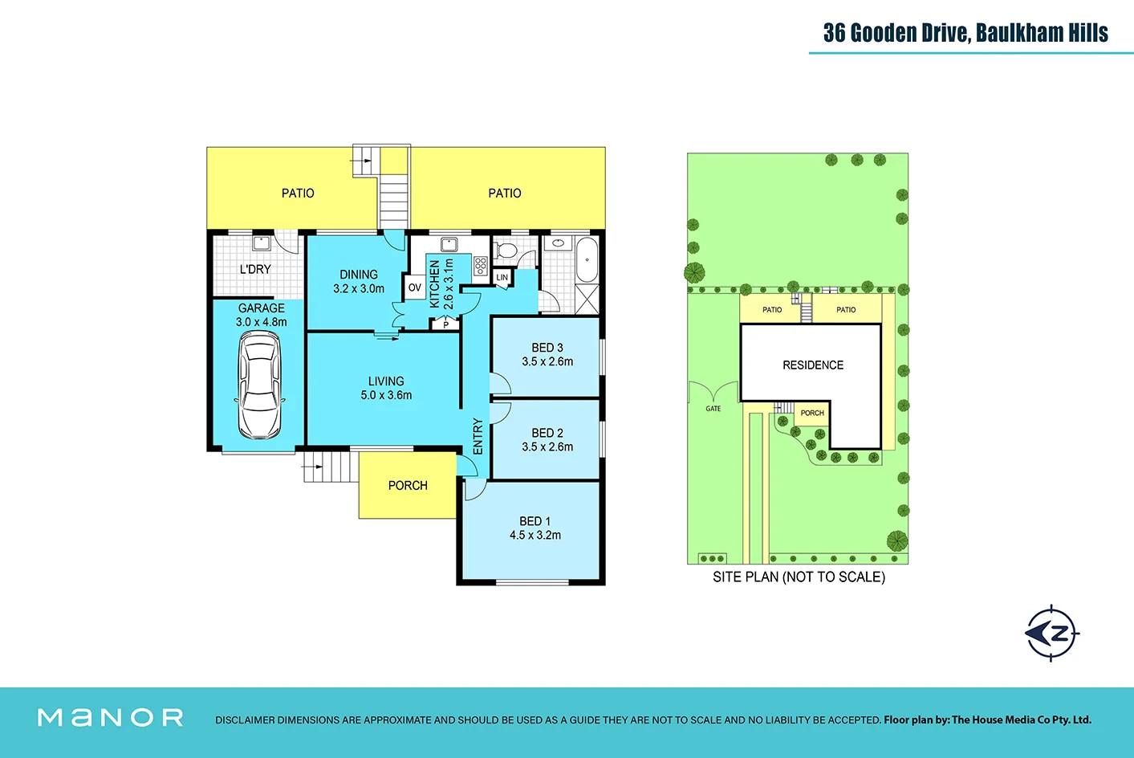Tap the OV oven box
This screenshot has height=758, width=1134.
[x=414, y=287]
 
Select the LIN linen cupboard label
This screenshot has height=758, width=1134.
[x=502, y=278]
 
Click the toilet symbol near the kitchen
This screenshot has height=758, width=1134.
[x=506, y=251]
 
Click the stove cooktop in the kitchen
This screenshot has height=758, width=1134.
[x=481, y=266]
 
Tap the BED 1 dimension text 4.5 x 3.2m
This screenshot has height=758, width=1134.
[x=535, y=536]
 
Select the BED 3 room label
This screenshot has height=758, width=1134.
[x=547, y=348]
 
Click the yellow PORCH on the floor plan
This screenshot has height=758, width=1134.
[x=408, y=486]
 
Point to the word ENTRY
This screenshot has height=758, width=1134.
[x=478, y=436]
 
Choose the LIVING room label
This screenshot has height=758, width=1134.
[x=386, y=381]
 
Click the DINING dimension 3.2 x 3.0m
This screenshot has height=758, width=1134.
[x=359, y=289]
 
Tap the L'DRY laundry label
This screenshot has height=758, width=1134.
[x=255, y=270]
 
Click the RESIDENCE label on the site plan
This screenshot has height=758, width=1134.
[x=813, y=365]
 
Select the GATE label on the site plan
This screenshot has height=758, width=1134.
[x=713, y=409]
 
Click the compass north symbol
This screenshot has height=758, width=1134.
[x=1052, y=633]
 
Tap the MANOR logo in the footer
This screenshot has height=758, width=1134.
[x=111, y=718]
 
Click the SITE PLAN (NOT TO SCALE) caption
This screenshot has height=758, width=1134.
[x=799, y=577]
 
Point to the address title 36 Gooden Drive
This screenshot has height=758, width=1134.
[x=965, y=33]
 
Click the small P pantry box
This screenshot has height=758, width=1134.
[x=445, y=325]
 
